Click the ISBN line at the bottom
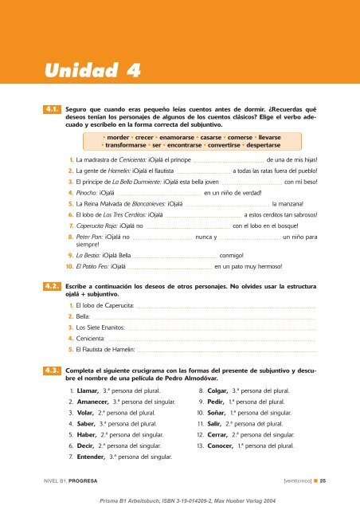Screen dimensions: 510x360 179,501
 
